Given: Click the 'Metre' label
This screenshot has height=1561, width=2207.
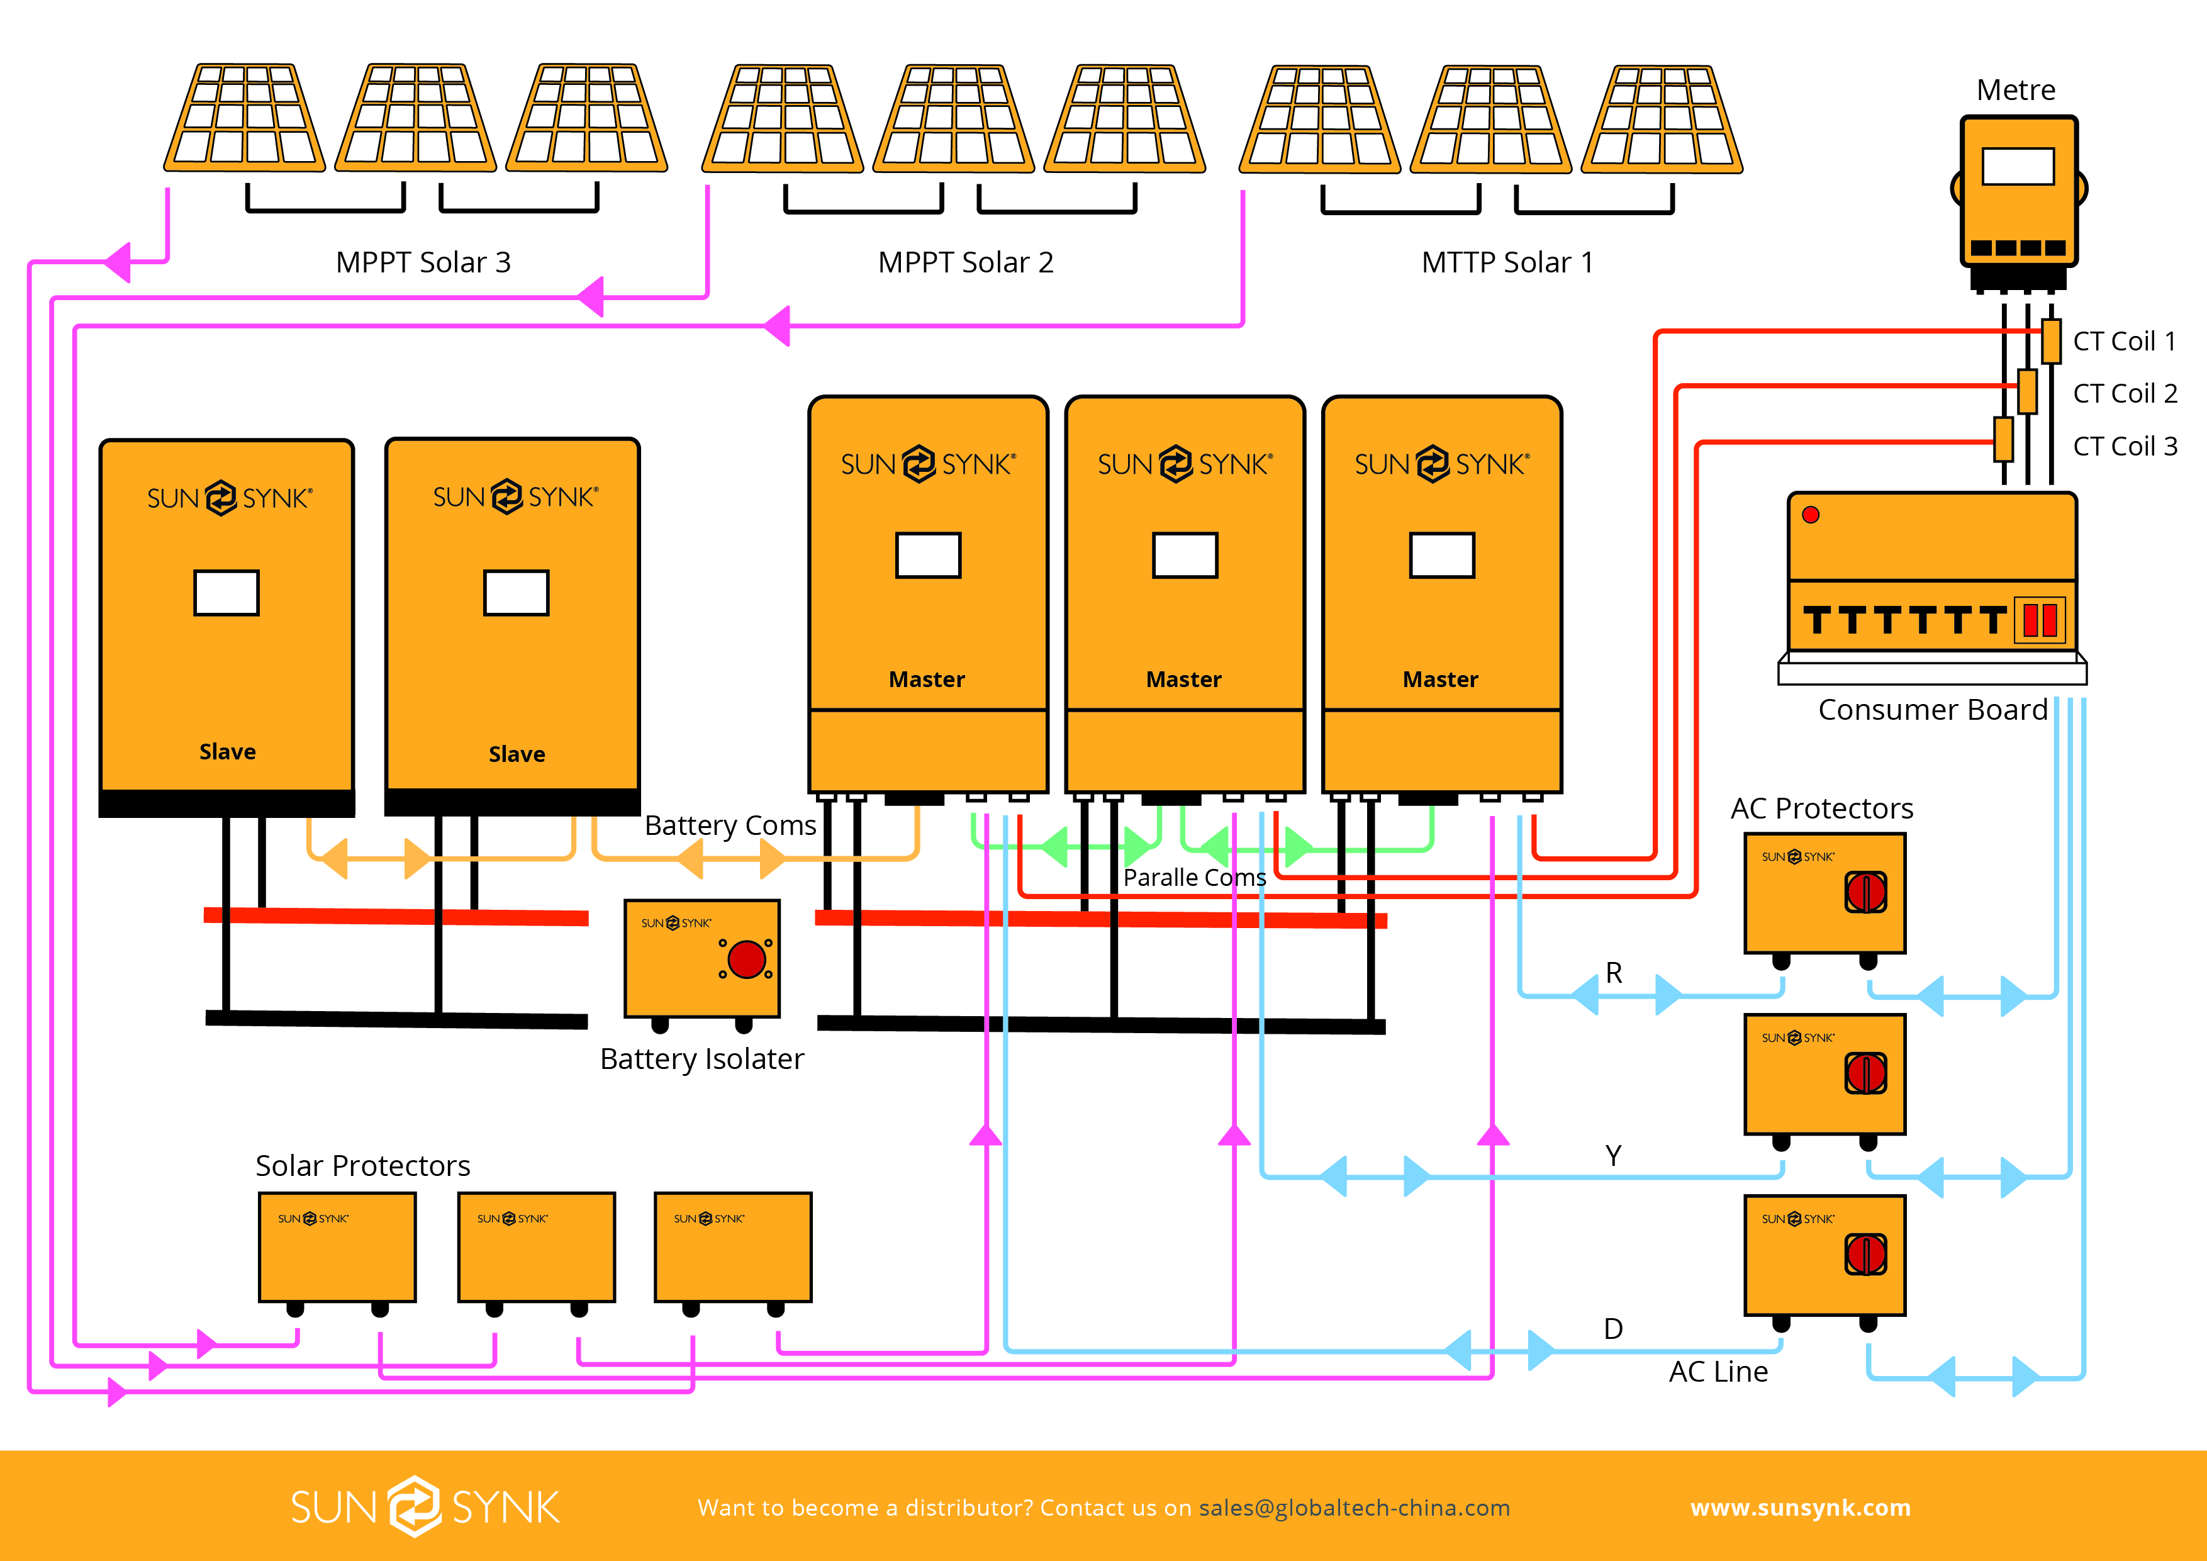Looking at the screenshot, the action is tap(2016, 89).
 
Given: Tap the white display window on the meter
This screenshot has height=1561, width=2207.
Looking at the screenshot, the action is tap(2019, 166).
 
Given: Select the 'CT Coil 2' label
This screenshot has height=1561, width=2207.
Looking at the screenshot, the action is tap(2125, 393).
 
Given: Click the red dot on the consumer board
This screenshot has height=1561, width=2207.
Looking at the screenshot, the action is tap(1811, 514).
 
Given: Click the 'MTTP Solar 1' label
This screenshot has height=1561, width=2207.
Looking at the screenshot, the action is tap(1507, 262).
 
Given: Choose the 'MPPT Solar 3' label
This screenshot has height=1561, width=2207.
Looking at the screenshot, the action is tap(423, 262).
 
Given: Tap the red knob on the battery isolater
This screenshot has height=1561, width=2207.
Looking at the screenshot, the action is tap(747, 958).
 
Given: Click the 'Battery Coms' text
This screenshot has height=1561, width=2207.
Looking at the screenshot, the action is tap(730, 825).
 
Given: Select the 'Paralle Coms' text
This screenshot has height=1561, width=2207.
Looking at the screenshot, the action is tap(1195, 878).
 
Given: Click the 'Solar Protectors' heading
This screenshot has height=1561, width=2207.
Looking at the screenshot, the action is tap(362, 1166).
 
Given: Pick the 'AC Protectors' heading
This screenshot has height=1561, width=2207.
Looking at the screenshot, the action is tap(1821, 808).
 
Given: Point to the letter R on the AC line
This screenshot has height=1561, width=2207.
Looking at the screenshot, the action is tap(1614, 973).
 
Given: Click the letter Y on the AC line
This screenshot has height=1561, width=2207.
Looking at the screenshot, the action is tap(1613, 1155).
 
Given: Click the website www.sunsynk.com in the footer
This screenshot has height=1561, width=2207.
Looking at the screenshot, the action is tap(1801, 1507).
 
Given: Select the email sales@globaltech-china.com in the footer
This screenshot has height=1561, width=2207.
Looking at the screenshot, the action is tap(1355, 1507).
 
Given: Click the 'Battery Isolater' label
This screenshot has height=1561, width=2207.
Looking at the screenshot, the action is tap(701, 1058).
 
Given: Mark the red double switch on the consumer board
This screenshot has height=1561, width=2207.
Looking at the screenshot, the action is tap(2040, 620).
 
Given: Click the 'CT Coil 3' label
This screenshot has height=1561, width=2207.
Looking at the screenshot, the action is tap(2125, 446).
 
